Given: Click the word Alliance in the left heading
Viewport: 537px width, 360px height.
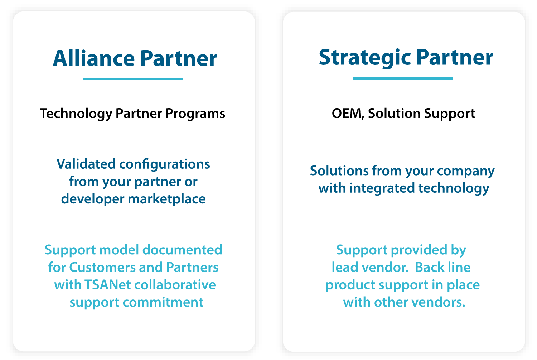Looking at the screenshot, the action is (x=94, y=58).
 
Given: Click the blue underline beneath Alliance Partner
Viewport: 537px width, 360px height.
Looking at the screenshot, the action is (x=133, y=79).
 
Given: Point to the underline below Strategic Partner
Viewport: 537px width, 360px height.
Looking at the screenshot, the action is (x=403, y=78).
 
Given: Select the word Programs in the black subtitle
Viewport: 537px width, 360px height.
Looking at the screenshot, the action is (x=195, y=114).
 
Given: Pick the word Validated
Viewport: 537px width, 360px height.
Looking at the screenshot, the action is (x=86, y=164).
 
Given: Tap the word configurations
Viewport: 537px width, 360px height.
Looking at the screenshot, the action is (x=165, y=165).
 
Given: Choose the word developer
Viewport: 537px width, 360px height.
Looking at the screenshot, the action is (x=93, y=199).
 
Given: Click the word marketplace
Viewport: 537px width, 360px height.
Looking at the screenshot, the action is (x=166, y=199).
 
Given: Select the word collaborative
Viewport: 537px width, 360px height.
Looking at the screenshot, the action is (x=175, y=285).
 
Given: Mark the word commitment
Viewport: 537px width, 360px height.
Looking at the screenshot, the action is (x=163, y=302).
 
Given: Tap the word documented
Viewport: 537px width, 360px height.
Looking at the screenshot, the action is (x=182, y=250).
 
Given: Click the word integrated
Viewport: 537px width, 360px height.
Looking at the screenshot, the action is (x=382, y=188).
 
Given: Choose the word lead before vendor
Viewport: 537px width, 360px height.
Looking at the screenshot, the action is (x=345, y=267).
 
